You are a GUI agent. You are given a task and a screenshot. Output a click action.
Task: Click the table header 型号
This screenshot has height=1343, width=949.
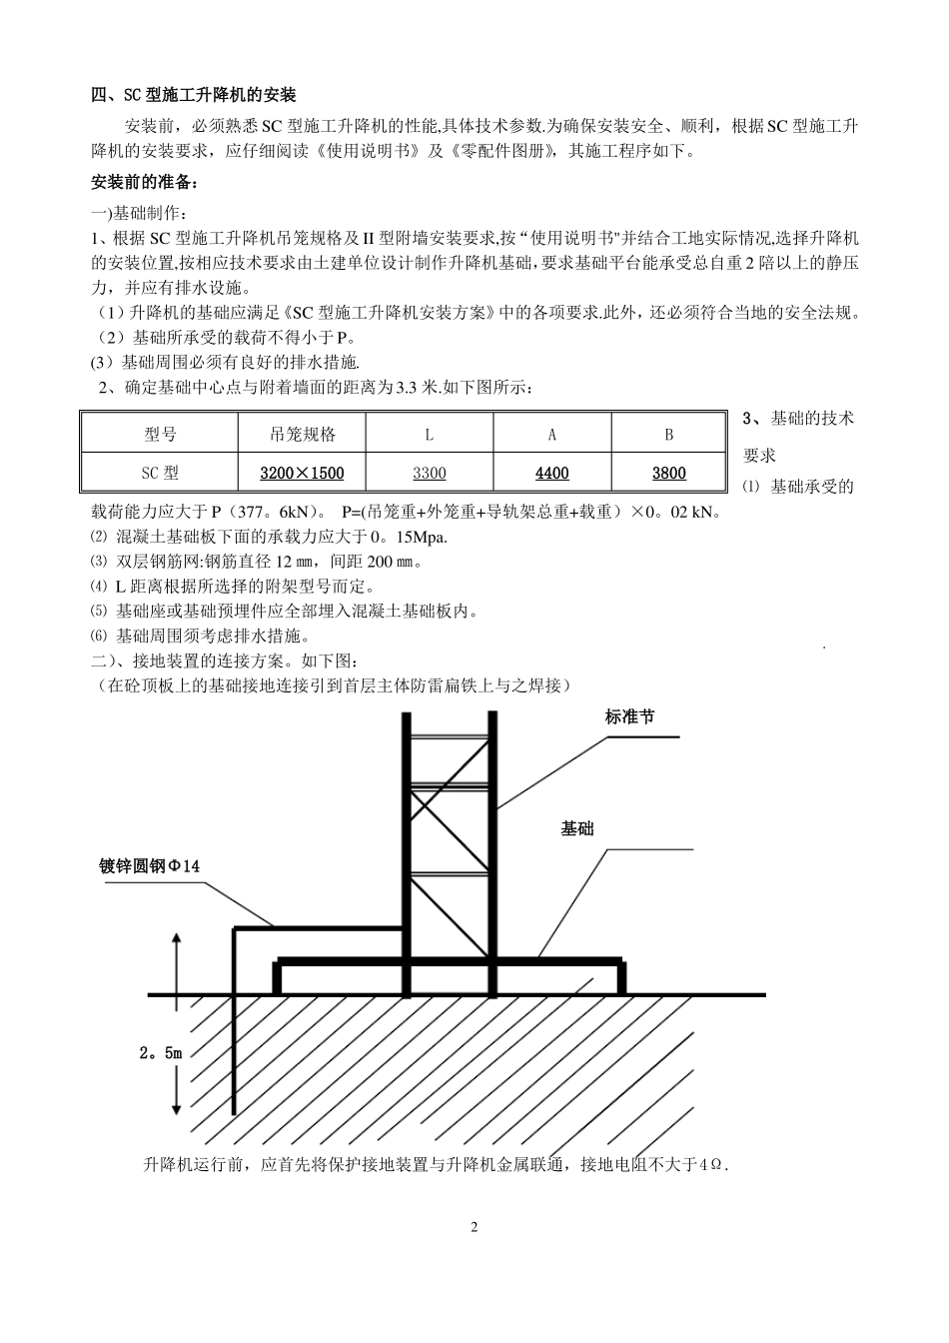[x=160, y=435]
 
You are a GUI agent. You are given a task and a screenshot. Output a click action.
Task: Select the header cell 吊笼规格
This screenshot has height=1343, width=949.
[x=303, y=435]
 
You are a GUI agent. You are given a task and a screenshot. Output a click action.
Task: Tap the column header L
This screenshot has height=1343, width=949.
[x=430, y=435]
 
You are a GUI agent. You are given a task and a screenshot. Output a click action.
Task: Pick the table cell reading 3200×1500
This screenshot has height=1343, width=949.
[x=302, y=473]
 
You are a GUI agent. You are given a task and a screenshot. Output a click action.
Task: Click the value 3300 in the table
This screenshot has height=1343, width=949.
[x=430, y=473]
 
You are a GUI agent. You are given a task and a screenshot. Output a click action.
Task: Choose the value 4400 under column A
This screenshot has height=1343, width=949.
[x=552, y=473]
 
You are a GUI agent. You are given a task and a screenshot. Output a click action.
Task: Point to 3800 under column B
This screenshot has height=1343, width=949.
[x=669, y=473]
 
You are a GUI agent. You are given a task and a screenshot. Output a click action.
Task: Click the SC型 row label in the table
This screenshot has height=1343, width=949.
[x=160, y=473]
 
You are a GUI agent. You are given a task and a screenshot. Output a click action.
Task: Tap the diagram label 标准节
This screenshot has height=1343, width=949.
[x=630, y=716]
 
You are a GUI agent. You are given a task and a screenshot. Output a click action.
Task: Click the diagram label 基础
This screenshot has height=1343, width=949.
[x=577, y=828]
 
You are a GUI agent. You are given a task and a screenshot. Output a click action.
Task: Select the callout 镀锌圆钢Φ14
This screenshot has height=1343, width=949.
[x=150, y=865]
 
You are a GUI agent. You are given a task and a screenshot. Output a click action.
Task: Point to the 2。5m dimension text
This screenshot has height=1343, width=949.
[x=161, y=1052]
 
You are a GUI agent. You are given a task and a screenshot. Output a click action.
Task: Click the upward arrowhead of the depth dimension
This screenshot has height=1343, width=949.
[x=177, y=939]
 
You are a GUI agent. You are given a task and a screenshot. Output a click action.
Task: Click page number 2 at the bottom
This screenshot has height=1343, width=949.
[x=474, y=1227]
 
